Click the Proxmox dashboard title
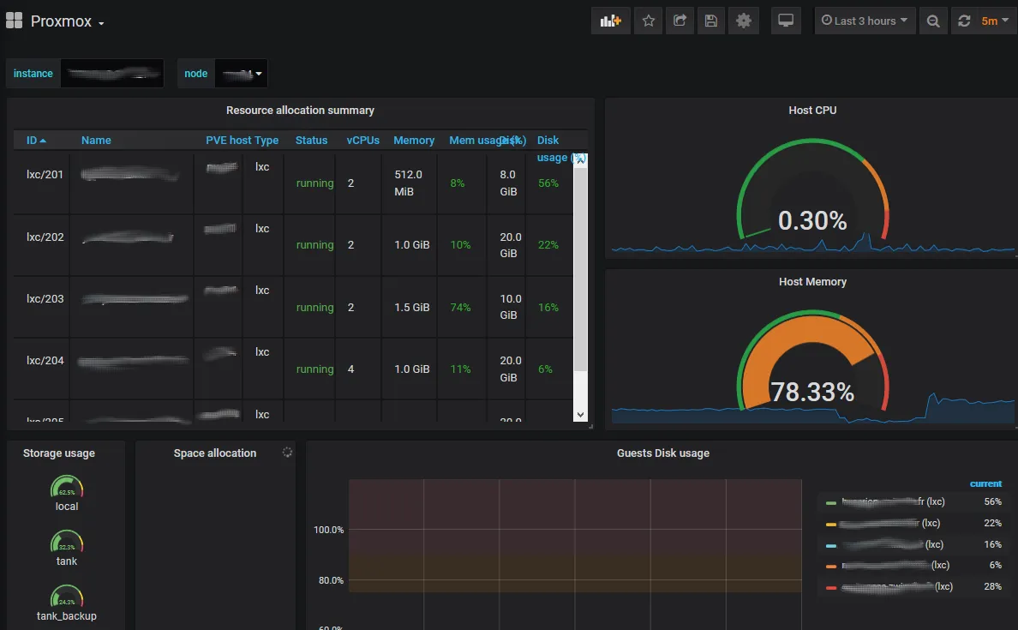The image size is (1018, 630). [x=61, y=21]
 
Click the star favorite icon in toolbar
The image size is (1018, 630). [x=649, y=21]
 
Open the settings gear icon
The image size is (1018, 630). [x=743, y=21]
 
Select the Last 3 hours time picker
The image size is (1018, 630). [x=864, y=21]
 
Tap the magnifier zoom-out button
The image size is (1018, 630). [x=933, y=21]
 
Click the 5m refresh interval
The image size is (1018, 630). [x=990, y=21]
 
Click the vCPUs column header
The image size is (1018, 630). [x=362, y=141]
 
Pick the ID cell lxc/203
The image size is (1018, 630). [x=45, y=298]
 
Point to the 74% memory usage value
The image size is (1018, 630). [x=460, y=308]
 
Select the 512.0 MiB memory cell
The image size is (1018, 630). [x=408, y=183]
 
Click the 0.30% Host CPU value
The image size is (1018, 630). [x=812, y=221]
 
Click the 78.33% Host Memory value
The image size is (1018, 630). [x=812, y=393]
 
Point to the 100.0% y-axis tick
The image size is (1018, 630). [x=328, y=530]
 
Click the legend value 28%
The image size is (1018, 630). [x=992, y=586]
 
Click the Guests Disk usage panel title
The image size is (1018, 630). [x=662, y=453]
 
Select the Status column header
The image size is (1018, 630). [x=311, y=141]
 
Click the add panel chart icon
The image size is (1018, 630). [x=610, y=21]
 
